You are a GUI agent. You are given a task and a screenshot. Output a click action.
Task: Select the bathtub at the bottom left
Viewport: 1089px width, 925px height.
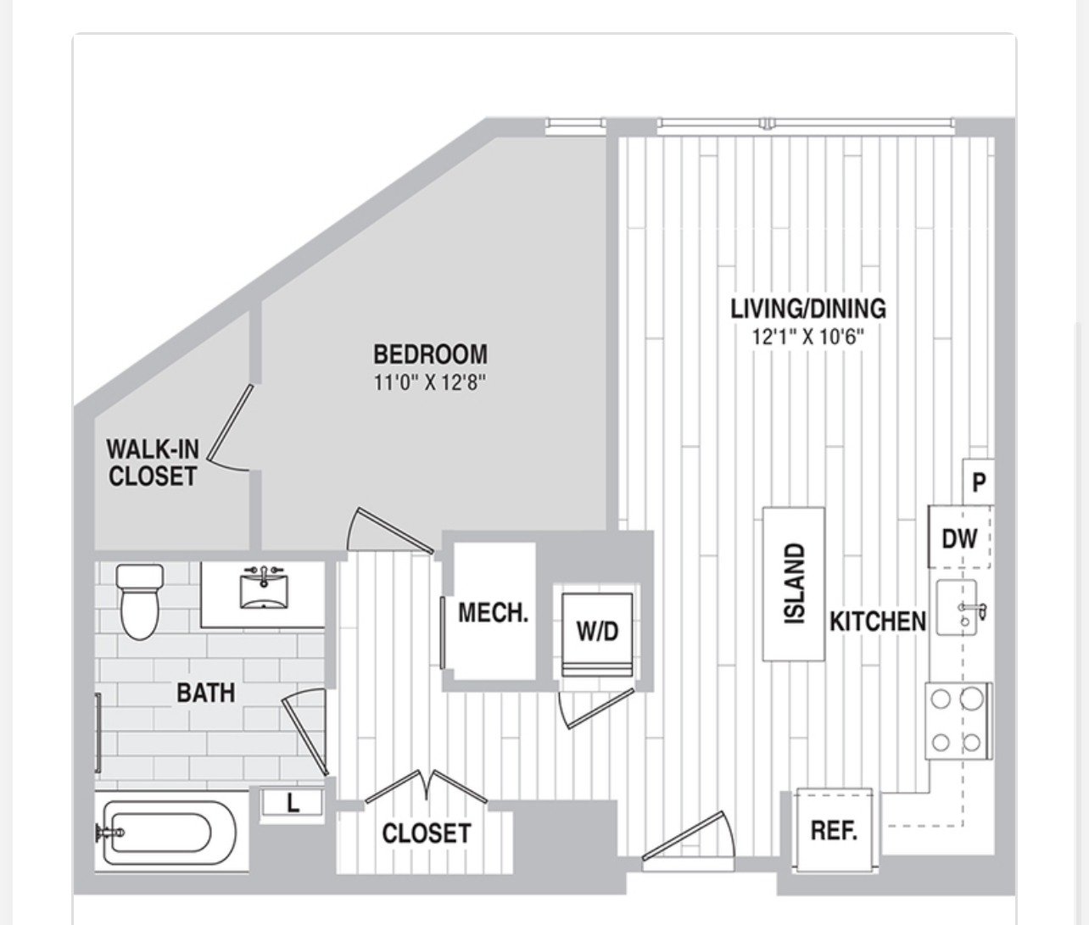click(x=165, y=833)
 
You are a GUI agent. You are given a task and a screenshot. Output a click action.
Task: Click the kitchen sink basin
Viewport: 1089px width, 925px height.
click(x=956, y=607)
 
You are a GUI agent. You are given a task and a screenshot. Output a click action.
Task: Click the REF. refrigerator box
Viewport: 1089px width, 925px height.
click(x=834, y=830)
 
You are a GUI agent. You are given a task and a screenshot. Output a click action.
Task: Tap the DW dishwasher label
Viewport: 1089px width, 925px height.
click(x=959, y=539)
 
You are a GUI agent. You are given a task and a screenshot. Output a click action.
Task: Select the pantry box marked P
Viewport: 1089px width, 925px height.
click(x=979, y=482)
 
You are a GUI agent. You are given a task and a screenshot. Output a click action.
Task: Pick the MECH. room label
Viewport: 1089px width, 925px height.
click(x=493, y=613)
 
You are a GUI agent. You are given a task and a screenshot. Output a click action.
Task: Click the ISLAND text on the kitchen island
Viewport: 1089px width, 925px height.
click(x=795, y=583)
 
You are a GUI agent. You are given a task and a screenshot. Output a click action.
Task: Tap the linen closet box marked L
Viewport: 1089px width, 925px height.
click(x=293, y=803)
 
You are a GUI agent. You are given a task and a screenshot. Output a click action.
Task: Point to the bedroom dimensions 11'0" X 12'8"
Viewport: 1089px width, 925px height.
click(x=429, y=382)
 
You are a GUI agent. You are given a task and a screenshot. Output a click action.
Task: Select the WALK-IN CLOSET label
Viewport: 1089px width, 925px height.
click(x=153, y=463)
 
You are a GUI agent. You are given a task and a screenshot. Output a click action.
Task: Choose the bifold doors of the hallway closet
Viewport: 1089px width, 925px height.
click(x=427, y=787)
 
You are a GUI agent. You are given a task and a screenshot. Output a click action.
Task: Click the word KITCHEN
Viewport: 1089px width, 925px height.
click(x=878, y=621)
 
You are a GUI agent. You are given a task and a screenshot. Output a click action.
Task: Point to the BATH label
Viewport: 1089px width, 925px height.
click(x=205, y=693)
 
